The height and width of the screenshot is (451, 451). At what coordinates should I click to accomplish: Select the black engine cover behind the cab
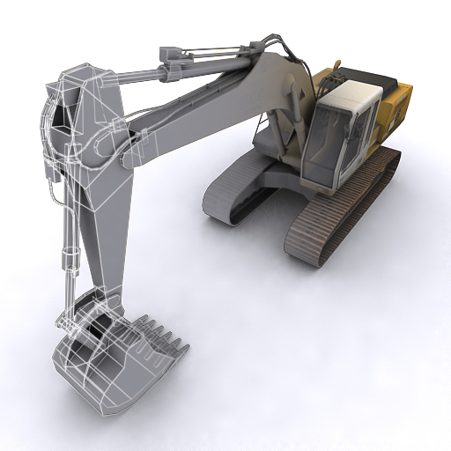[361, 77]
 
